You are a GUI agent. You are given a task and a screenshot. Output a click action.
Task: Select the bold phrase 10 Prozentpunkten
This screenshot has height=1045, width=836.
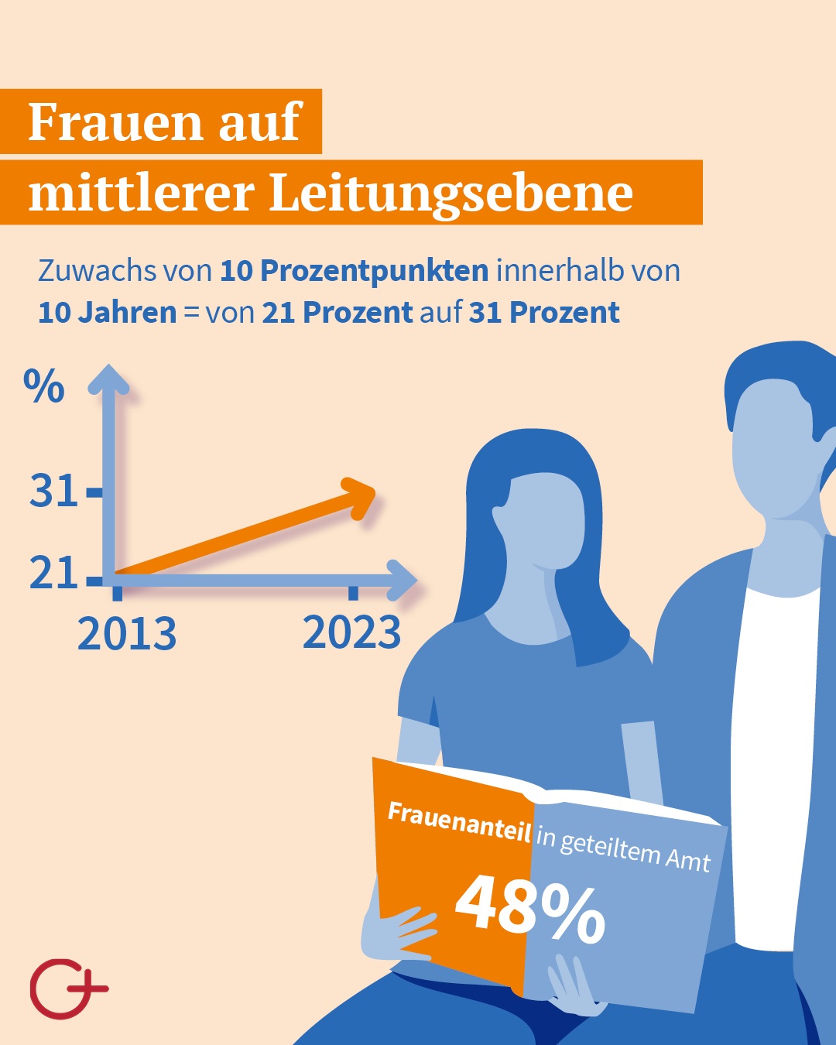click(354, 271)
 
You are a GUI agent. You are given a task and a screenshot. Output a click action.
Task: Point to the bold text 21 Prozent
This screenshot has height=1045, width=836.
click(337, 313)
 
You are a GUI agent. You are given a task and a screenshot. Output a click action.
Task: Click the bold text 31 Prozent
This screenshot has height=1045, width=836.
click(544, 313)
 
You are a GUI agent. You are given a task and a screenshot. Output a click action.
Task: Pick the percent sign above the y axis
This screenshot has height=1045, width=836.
click(44, 386)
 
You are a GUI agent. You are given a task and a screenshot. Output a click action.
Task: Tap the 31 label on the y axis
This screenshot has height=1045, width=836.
click(53, 491)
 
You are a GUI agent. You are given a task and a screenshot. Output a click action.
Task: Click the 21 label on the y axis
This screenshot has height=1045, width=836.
click(53, 574)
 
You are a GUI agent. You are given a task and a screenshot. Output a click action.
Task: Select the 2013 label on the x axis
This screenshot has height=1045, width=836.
click(127, 634)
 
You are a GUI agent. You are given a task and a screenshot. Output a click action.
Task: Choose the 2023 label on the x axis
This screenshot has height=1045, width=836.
click(352, 632)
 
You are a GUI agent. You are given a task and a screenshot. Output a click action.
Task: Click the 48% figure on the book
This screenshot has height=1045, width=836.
click(529, 906)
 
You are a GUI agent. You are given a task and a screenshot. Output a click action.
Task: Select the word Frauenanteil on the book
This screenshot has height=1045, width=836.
click(459, 822)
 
